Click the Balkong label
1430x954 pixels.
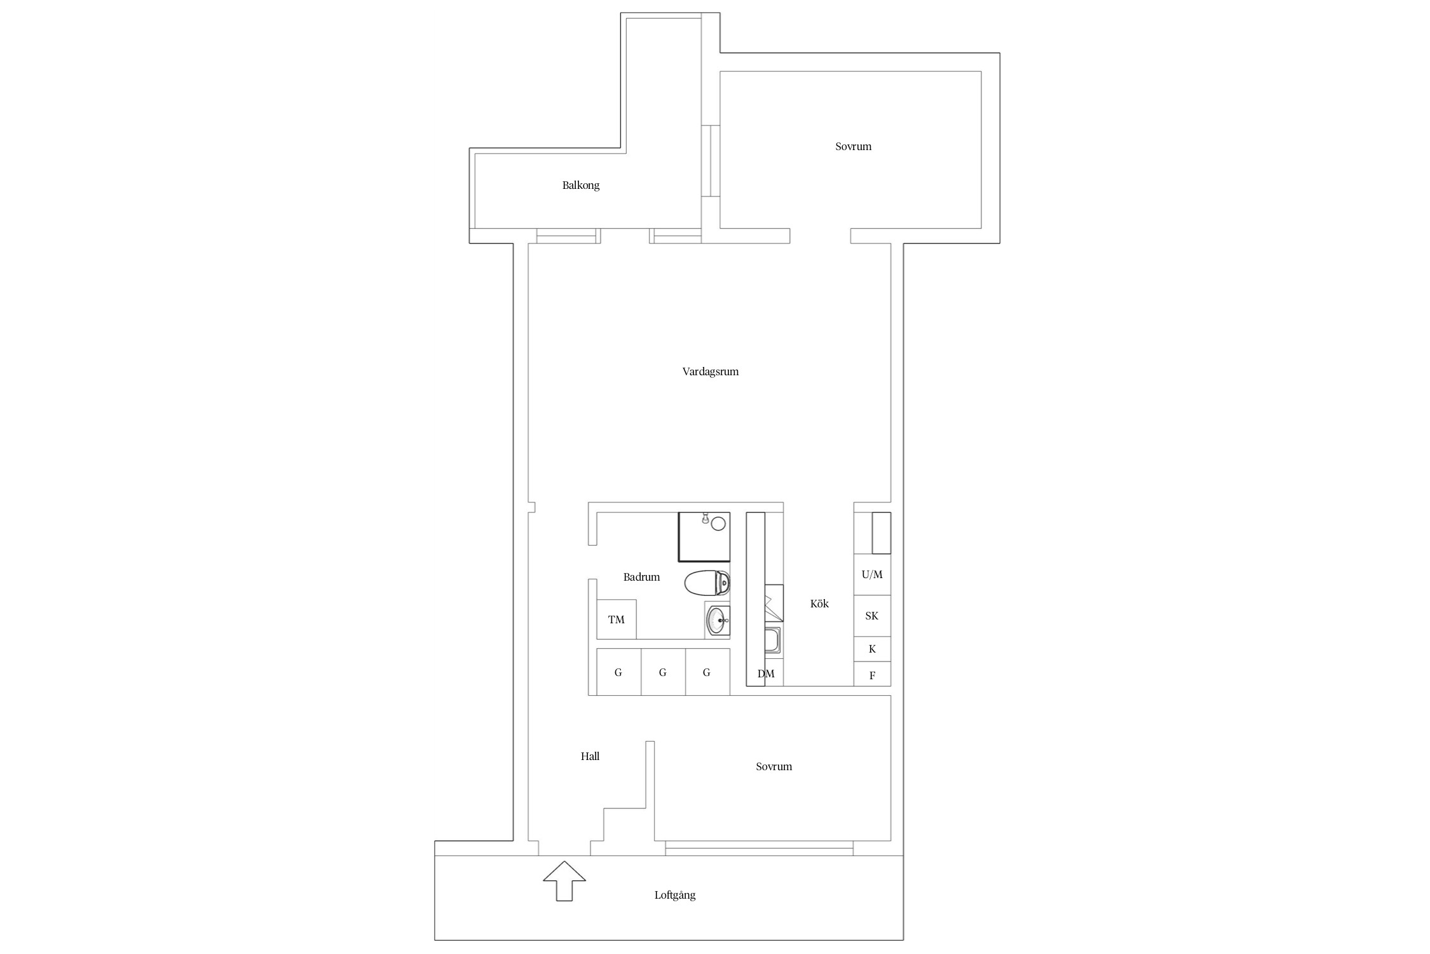581,186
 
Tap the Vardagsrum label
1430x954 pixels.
711,372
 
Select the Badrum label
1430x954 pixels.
641,577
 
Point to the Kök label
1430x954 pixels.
819,604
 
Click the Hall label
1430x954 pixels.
590,756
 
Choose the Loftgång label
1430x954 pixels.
675,895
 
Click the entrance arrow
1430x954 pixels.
564,881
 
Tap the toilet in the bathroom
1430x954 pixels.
707,583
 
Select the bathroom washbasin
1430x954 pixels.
718,620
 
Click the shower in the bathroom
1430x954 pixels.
704,537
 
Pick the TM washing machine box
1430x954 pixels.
616,619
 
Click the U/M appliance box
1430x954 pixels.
872,574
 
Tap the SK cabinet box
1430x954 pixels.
872,616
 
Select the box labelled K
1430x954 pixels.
872,649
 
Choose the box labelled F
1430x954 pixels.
872,675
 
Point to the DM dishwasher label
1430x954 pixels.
766,674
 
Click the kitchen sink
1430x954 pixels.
773,641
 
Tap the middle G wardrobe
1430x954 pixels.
663,672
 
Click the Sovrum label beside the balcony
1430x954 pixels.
853,147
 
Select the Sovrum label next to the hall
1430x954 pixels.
773,767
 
